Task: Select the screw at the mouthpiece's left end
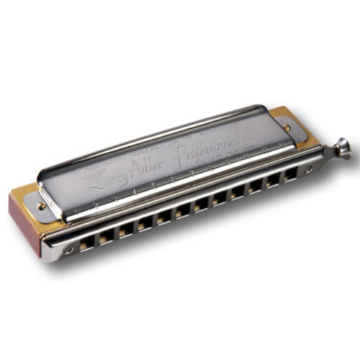[x=69, y=249]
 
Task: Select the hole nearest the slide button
[x=291, y=175]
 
